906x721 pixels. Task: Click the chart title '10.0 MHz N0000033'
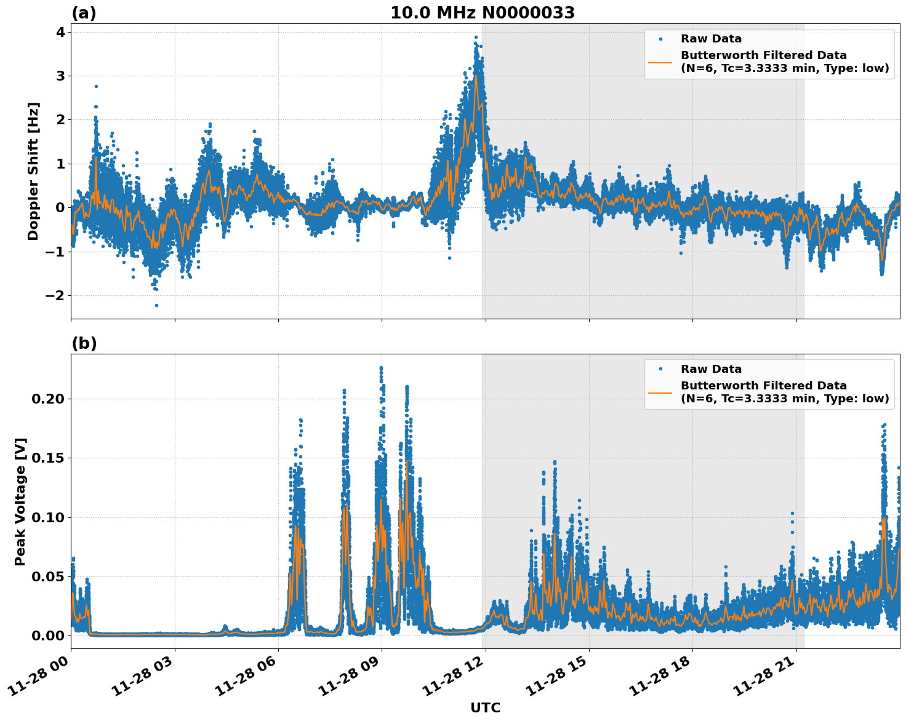tap(482, 13)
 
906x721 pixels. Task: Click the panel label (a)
tap(84, 13)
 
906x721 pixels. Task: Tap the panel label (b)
tap(84, 343)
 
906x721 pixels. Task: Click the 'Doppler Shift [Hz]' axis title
tap(33, 171)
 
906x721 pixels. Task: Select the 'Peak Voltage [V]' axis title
tap(20, 501)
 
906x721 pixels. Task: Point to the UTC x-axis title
tap(485, 707)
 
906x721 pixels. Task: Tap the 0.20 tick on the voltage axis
tap(47, 399)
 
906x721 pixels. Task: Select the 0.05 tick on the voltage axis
tap(47, 576)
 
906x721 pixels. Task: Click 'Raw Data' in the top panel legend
tap(711, 39)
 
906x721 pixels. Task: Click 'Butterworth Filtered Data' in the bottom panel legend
tap(763, 386)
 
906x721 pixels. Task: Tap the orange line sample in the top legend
tap(660, 62)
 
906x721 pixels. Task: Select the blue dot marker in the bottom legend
tap(660, 369)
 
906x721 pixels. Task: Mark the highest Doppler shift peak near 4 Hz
tap(475, 37)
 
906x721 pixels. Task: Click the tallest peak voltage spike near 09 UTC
tap(381, 368)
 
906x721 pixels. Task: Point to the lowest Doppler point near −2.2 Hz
tap(156, 305)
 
